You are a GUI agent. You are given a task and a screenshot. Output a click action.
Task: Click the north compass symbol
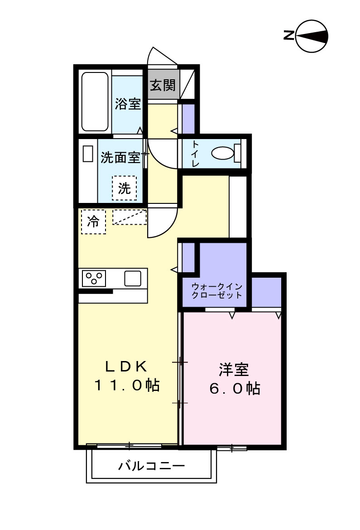[x=312, y=36]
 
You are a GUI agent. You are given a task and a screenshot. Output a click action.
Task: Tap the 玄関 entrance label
[x=163, y=85]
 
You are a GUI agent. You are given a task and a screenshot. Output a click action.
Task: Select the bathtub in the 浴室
[x=95, y=101]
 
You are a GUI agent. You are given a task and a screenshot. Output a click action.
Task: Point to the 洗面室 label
[x=120, y=158]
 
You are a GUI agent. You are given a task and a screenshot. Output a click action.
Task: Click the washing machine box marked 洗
[x=124, y=188]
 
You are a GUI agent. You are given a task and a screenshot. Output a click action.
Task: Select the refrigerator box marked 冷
[x=93, y=222]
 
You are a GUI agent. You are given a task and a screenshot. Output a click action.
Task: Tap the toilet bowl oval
[x=221, y=154]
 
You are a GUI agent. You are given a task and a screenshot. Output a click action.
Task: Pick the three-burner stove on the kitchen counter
[x=94, y=278]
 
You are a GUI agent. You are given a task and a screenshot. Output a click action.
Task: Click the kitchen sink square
[x=133, y=278]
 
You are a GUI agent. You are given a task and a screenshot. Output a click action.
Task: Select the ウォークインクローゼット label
[x=216, y=290]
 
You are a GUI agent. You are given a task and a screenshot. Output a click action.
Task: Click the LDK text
[x=127, y=366]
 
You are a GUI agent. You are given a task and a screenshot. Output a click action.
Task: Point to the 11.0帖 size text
[x=127, y=386]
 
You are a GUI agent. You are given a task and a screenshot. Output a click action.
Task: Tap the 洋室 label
[x=234, y=370]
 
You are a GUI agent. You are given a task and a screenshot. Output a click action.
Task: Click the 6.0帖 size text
[x=234, y=389]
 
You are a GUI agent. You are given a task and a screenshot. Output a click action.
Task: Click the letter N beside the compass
[x=288, y=35]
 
